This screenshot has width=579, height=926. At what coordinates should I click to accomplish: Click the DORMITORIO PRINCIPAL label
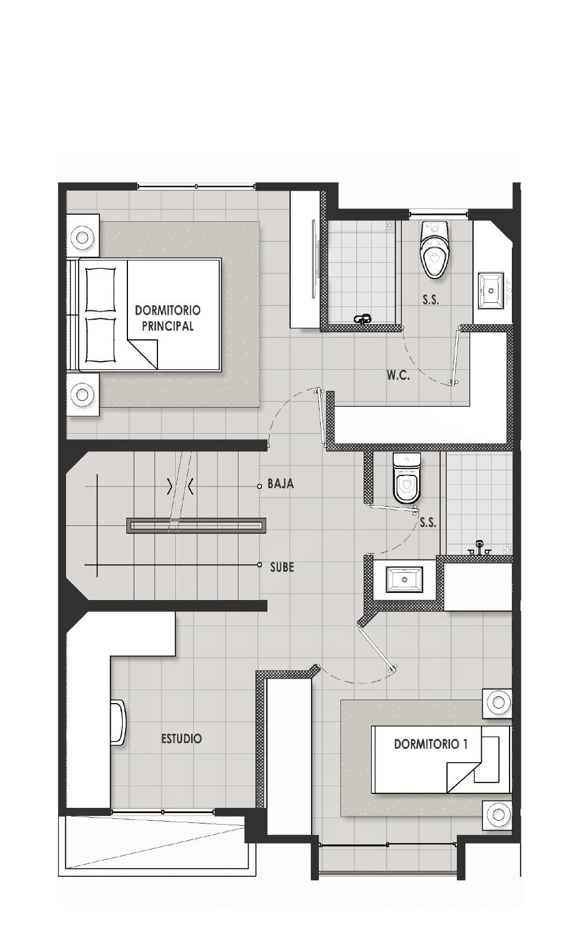click(x=168, y=318)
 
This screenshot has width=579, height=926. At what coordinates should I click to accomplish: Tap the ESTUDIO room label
click(x=181, y=739)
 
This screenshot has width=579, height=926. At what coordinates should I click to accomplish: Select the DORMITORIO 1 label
click(x=431, y=744)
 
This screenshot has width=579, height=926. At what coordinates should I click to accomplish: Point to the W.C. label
click(x=398, y=375)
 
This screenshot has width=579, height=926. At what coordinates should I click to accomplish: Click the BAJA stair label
click(x=281, y=484)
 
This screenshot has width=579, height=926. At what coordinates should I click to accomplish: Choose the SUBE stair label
click(x=283, y=567)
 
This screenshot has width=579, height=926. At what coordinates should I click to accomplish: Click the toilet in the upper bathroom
click(x=434, y=250)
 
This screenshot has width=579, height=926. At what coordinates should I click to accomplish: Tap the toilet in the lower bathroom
click(x=406, y=478)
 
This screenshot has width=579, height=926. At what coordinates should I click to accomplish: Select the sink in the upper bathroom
click(x=491, y=290)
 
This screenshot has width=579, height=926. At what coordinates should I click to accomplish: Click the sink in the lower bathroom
click(x=404, y=580)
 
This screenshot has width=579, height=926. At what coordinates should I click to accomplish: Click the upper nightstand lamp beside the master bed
click(x=82, y=237)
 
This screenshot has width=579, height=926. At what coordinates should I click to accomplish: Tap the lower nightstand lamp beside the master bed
click(x=82, y=394)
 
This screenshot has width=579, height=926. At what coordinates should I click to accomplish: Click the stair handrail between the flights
click(x=196, y=525)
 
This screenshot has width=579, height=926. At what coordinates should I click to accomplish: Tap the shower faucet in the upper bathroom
click(x=363, y=319)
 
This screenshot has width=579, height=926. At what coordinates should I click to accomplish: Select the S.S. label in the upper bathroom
click(x=431, y=300)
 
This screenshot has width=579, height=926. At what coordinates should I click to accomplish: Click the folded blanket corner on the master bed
click(x=143, y=354)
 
